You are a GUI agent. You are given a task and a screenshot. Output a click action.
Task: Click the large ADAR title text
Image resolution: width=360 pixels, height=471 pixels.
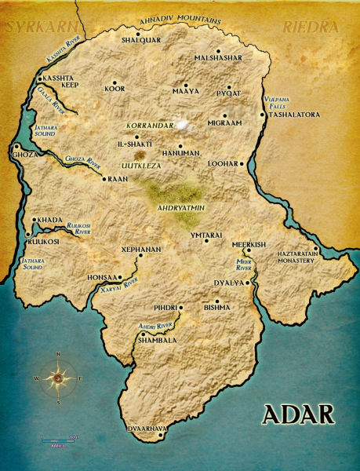pos(298,414)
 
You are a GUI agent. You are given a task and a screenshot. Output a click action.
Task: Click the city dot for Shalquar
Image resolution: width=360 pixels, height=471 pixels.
pos(137,34)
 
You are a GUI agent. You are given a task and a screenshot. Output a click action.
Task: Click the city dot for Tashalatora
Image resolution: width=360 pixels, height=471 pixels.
pos(263,115)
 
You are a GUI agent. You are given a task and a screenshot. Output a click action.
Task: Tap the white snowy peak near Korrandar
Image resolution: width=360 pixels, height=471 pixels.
pos(184,124)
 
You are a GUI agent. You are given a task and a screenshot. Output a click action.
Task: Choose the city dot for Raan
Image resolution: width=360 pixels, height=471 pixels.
pos(104,179)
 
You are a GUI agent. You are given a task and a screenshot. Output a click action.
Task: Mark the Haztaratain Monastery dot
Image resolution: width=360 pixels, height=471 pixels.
pos(315,250)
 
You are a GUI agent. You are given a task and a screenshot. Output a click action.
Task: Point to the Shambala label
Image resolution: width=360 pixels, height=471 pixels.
pos(158,341)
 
